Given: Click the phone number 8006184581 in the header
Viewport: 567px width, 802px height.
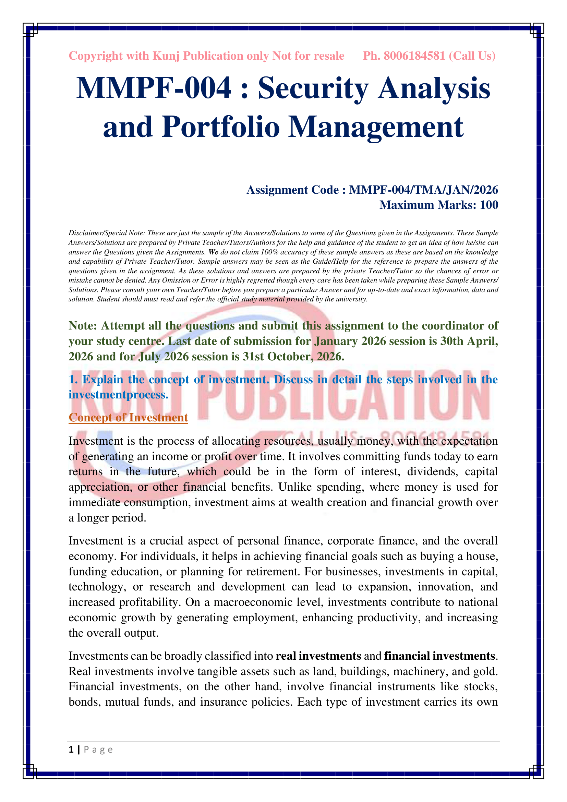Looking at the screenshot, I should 414,56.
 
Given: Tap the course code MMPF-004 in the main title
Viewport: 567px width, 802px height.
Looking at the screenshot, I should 154,88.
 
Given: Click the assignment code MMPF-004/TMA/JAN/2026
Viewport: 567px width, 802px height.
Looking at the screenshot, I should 423,190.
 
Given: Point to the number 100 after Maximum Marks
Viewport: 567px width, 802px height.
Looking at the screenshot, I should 489,205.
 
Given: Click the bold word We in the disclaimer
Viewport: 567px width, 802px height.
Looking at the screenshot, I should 213,252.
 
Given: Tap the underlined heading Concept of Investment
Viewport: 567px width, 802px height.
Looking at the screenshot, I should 128,417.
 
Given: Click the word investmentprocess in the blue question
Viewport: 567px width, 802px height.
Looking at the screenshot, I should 118,395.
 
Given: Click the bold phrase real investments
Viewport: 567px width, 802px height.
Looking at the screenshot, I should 318,656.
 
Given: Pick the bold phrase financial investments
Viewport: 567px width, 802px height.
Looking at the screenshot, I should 439,656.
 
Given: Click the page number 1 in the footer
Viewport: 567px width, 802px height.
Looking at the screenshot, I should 71,750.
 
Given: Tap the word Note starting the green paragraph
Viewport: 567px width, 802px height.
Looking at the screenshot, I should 82,325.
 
